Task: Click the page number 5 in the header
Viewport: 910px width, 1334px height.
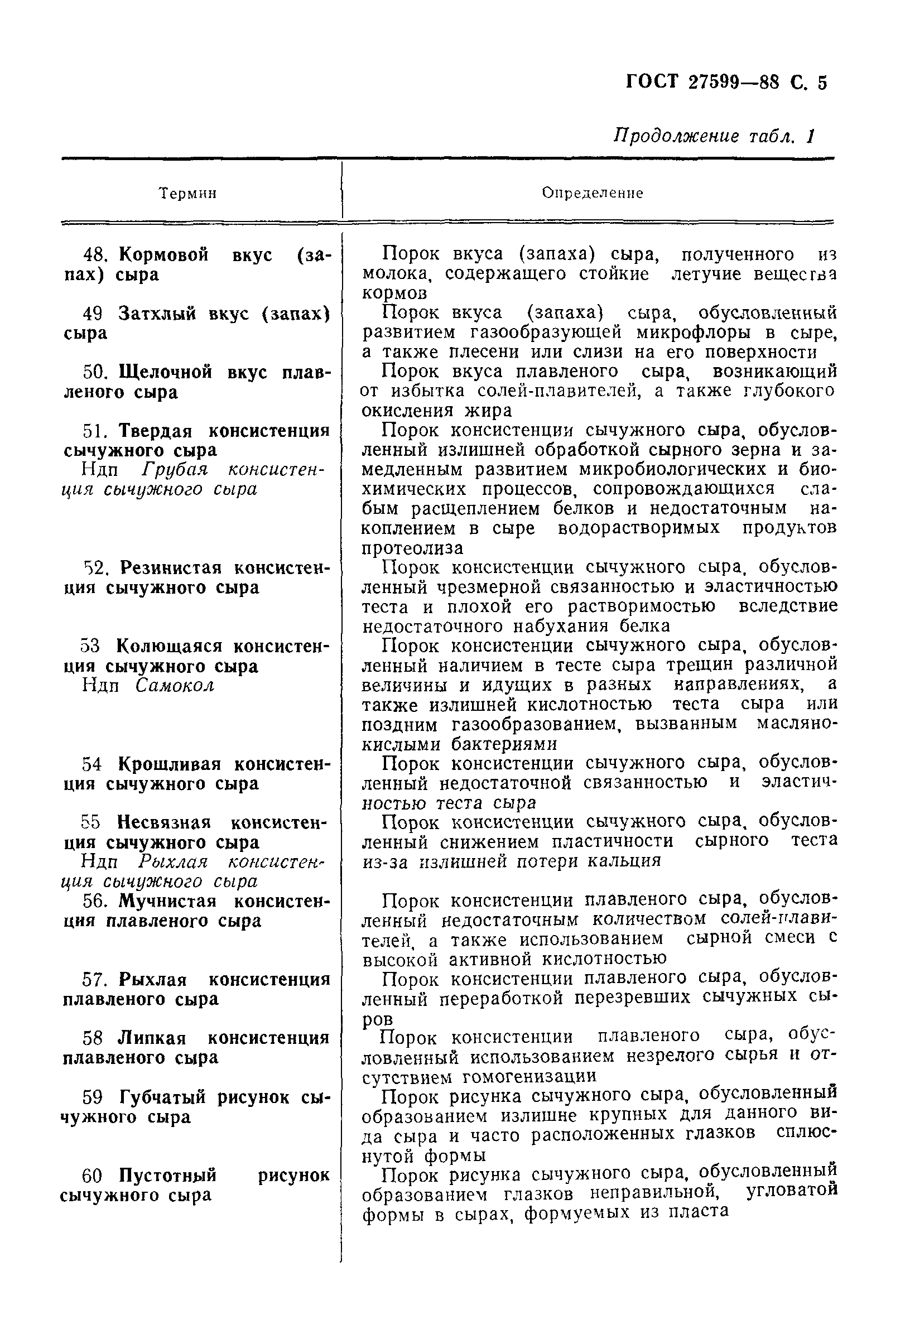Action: coord(822,84)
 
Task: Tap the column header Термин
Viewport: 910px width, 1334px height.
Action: coord(187,194)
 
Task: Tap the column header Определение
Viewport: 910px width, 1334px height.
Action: coord(593,194)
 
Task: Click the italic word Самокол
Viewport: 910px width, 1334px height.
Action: coord(175,686)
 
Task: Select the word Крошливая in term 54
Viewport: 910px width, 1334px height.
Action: coord(170,764)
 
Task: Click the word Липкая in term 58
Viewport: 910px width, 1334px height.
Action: coord(152,1038)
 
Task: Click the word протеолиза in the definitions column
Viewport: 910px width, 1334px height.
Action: coord(412,548)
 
